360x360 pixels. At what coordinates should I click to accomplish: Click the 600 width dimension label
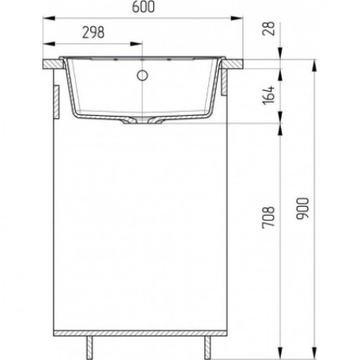[x=143, y=7]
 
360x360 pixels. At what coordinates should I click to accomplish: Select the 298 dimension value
[x=93, y=33]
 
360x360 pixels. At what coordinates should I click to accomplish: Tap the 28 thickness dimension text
[x=268, y=28]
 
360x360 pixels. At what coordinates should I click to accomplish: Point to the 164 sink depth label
[x=268, y=95]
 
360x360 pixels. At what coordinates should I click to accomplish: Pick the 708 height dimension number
[x=268, y=218]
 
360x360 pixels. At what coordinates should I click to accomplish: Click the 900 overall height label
[x=303, y=208]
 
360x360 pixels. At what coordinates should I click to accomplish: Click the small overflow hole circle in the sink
[x=142, y=75]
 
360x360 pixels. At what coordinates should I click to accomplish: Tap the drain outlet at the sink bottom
[x=142, y=121]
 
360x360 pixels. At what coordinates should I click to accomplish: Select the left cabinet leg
[x=89, y=347]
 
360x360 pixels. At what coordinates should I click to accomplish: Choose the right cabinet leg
[x=207, y=347]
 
